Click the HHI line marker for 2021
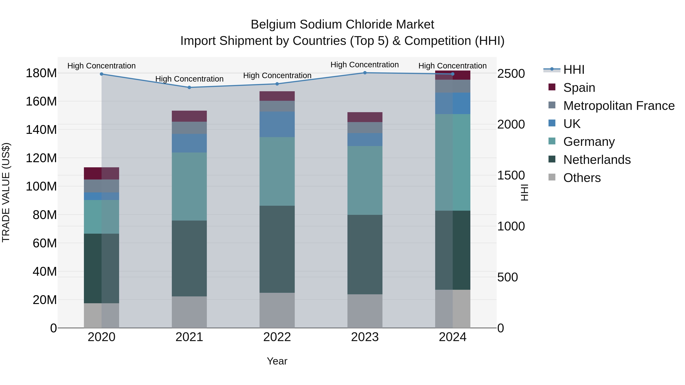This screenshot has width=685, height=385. (189, 87)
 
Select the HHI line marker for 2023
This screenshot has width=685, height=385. (365, 73)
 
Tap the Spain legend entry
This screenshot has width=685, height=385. (579, 88)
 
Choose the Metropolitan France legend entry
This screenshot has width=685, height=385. (619, 106)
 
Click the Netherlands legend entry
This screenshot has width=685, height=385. (597, 160)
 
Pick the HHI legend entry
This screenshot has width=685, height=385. (573, 70)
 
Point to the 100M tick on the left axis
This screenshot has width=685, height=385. (41, 186)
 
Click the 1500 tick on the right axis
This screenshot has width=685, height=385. (511, 175)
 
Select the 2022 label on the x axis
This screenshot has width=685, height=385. (277, 337)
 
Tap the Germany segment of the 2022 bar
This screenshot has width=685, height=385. (277, 171)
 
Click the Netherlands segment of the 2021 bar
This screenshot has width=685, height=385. (189, 258)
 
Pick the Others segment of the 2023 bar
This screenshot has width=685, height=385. (365, 311)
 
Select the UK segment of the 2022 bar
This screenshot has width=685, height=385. (277, 124)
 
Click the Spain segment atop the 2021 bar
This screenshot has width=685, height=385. (189, 116)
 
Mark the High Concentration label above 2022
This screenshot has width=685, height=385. (277, 75)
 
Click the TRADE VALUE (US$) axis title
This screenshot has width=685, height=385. (6, 192)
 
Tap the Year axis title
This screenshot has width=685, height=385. (277, 361)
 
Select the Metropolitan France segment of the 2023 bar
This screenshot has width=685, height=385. (365, 128)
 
